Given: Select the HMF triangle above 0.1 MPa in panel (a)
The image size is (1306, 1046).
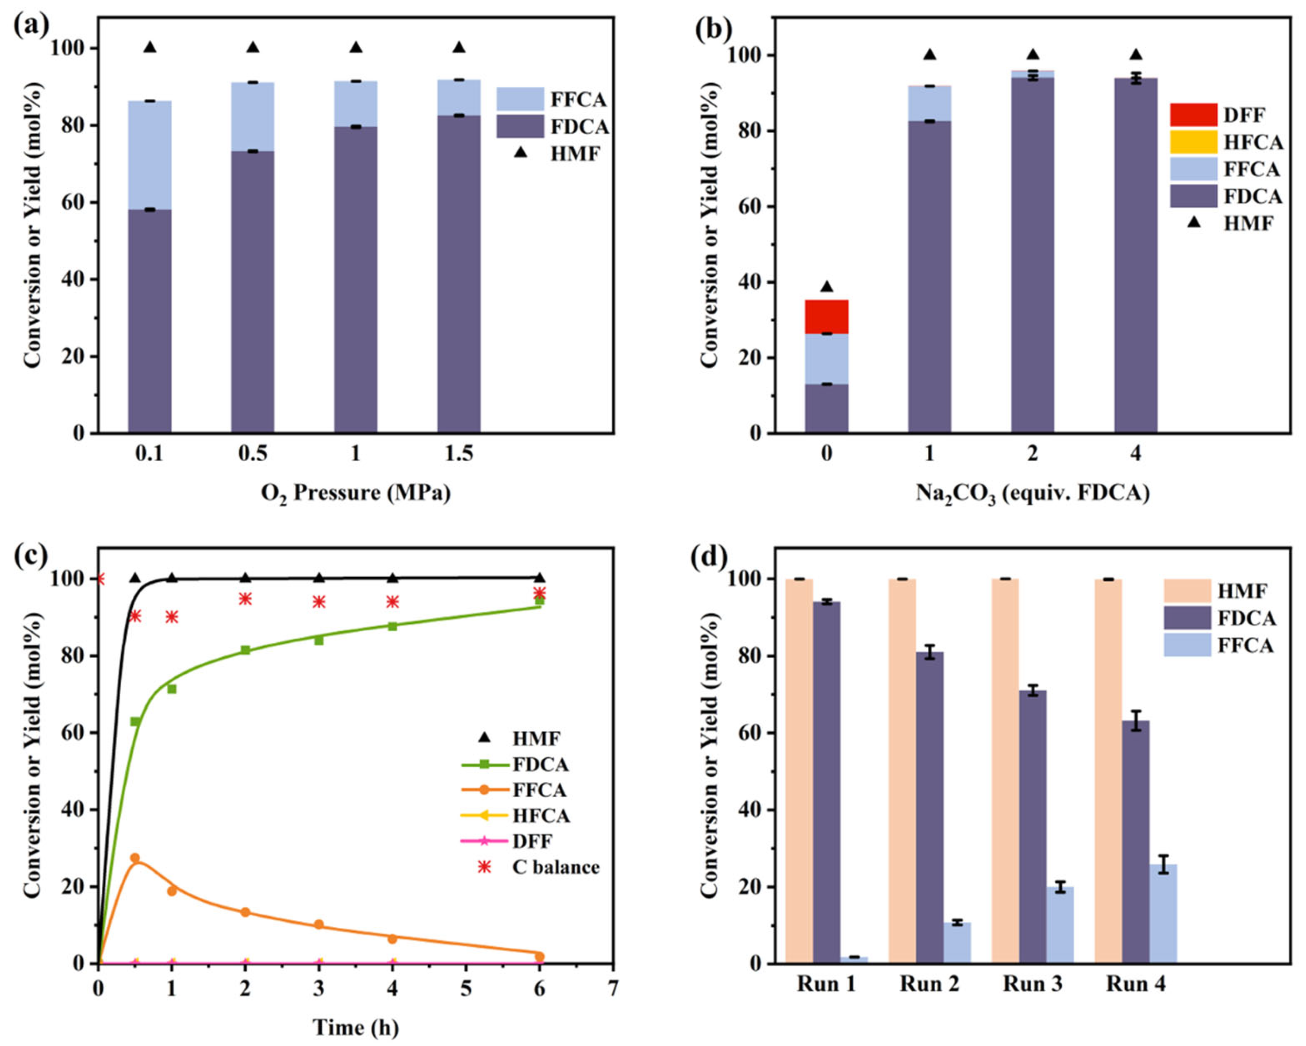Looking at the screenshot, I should (x=150, y=47).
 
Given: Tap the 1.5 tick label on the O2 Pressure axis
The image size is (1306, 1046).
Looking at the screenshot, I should (x=458, y=453).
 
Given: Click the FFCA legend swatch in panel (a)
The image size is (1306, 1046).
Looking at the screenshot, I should (x=520, y=99).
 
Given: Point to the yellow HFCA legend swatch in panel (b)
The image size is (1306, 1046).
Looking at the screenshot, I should (x=1193, y=142).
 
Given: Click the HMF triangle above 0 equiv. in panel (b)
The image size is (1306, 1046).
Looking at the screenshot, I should (x=826, y=287).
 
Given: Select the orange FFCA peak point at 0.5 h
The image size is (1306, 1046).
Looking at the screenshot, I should (x=135, y=858).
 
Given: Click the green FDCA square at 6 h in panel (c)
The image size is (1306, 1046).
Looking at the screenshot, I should (x=539, y=600).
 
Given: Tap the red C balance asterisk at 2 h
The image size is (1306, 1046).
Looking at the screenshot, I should (x=246, y=599).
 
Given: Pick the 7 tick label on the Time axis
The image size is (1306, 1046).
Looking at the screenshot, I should (x=613, y=989).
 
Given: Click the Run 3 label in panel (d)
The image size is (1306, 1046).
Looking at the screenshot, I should (x=1032, y=984).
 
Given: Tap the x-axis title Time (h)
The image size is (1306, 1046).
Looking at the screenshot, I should (x=356, y=1027).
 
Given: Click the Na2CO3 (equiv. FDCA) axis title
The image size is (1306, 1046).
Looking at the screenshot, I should (x=1032, y=493).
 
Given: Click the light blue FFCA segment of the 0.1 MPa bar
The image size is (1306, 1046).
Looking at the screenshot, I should (x=150, y=154).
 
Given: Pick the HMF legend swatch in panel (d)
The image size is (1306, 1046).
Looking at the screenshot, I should (x=1187, y=590).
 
